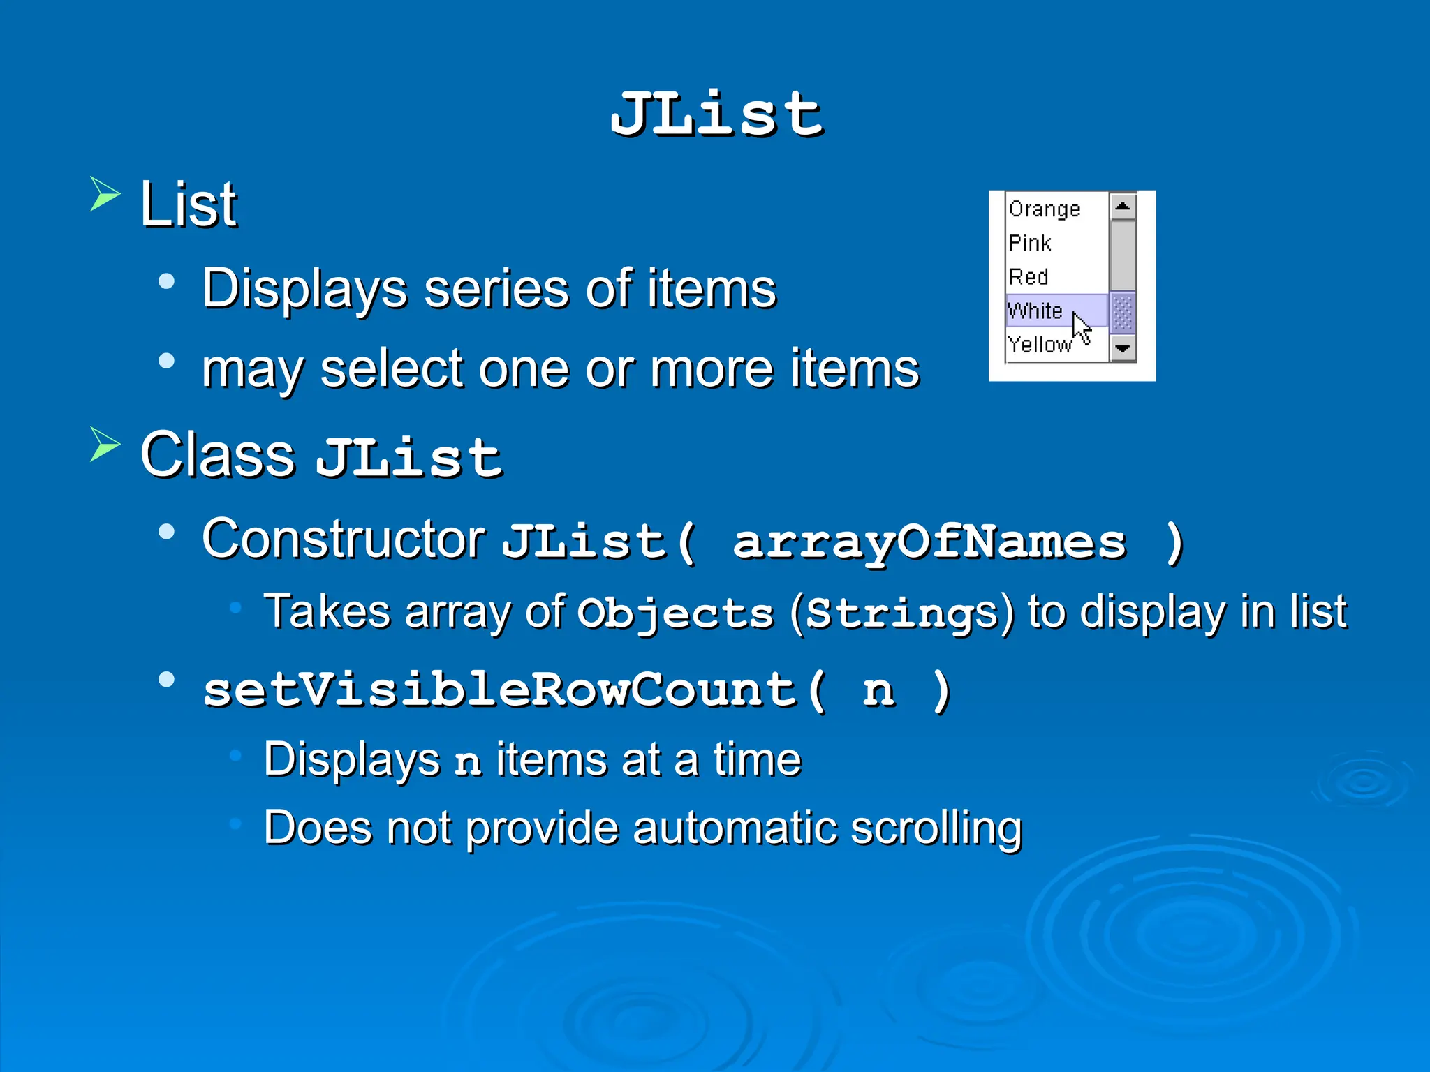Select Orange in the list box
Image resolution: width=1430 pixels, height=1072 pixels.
click(x=1044, y=209)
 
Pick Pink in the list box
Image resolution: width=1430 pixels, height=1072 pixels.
click(x=1029, y=243)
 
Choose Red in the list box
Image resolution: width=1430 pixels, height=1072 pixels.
click(x=1028, y=276)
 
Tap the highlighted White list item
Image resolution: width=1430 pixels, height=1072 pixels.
click(x=1035, y=311)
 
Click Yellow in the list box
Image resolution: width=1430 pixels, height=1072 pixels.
click(x=1039, y=344)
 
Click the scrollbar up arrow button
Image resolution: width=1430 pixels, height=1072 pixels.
click(x=1122, y=207)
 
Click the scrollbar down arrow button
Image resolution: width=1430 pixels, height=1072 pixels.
click(x=1122, y=348)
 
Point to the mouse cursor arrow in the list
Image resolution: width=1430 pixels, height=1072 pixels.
click(x=1081, y=328)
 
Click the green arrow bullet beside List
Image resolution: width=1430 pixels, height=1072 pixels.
click(x=105, y=194)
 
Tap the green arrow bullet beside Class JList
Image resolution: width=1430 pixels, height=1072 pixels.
click(x=105, y=445)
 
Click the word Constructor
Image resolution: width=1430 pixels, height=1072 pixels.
click(x=344, y=539)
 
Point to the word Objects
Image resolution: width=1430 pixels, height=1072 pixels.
click(x=675, y=613)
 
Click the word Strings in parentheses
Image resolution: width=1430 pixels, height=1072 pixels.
click(x=901, y=613)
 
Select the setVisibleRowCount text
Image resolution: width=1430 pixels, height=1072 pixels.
click(x=500, y=690)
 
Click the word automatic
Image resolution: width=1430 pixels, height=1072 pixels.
click(x=735, y=828)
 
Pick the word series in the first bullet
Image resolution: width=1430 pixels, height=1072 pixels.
click(x=496, y=288)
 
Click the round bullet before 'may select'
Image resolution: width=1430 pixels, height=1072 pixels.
click(x=166, y=361)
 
